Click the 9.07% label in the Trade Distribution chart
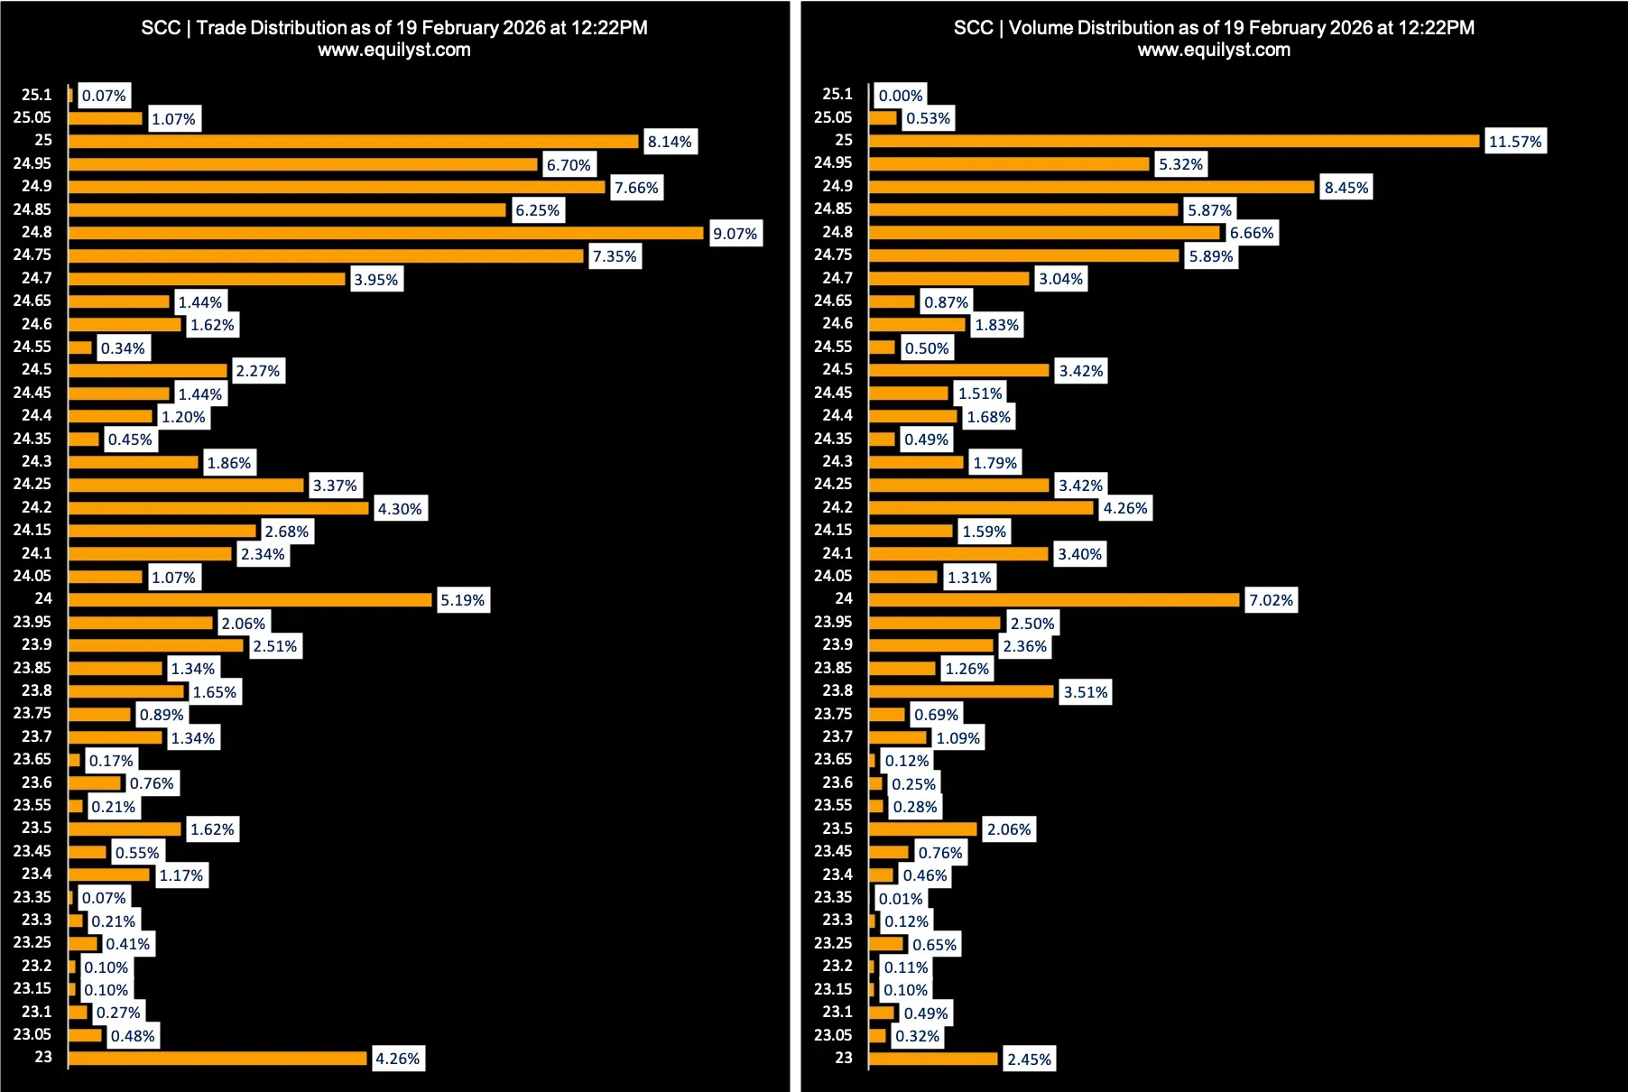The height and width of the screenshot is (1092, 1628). (735, 234)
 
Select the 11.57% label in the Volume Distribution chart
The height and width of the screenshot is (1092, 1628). (1515, 142)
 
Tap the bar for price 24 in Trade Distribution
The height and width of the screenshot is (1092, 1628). (250, 600)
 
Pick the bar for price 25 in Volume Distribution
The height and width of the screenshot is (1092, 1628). (1173, 141)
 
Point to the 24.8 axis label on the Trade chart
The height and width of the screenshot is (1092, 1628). (37, 232)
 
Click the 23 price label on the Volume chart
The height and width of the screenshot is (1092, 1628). (844, 1058)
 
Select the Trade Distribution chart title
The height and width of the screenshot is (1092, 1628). (394, 28)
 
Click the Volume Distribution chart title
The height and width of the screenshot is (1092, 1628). (1214, 28)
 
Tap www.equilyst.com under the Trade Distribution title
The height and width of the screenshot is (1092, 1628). (394, 51)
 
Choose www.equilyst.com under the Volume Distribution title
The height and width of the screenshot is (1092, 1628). (1214, 51)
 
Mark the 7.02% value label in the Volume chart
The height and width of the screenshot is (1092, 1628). (1271, 600)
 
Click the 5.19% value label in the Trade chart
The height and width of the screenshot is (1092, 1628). (462, 600)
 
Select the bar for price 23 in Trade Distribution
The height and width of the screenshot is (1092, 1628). (217, 1059)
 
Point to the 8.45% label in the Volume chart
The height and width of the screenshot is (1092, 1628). (1346, 188)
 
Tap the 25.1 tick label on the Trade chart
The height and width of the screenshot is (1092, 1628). (37, 95)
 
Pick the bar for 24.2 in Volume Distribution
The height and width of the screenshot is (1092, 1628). (981, 508)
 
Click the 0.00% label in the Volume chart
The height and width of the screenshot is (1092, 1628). (901, 96)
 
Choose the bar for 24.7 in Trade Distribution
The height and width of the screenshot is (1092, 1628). (207, 279)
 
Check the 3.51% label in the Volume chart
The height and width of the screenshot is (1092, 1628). (1085, 692)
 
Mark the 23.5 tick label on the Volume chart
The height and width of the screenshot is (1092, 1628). (837, 828)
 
